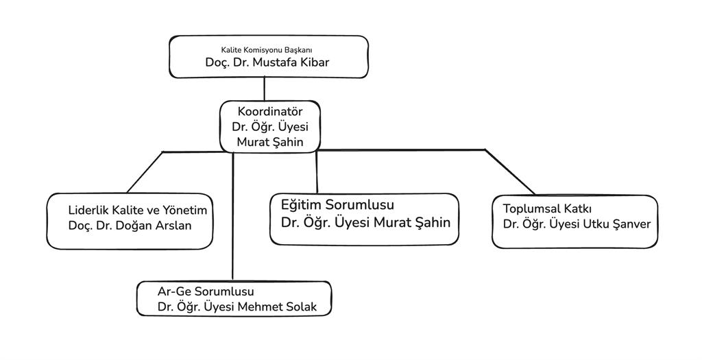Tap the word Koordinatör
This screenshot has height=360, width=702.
pyautogui.click(x=269, y=111)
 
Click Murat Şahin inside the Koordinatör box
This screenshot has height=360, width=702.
pyautogui.click(x=269, y=142)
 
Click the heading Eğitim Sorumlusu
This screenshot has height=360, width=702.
pyautogui.click(x=337, y=205)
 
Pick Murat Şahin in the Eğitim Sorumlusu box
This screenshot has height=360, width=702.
pyautogui.click(x=412, y=222)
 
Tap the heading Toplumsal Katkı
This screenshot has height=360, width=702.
pyautogui.click(x=547, y=208)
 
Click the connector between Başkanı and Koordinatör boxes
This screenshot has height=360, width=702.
pyautogui.click(x=265, y=89)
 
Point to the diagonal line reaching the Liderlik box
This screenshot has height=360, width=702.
pyautogui.click(x=144, y=172)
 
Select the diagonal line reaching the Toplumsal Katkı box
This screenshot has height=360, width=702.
pyautogui.click(x=510, y=171)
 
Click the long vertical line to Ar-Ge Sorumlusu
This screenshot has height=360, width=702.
pyautogui.click(x=233, y=219)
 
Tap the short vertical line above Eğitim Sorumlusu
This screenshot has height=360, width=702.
pyautogui.click(x=317, y=171)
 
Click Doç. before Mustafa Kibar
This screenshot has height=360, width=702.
pyautogui.click(x=217, y=62)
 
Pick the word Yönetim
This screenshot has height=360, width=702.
pyautogui.click(x=184, y=211)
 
